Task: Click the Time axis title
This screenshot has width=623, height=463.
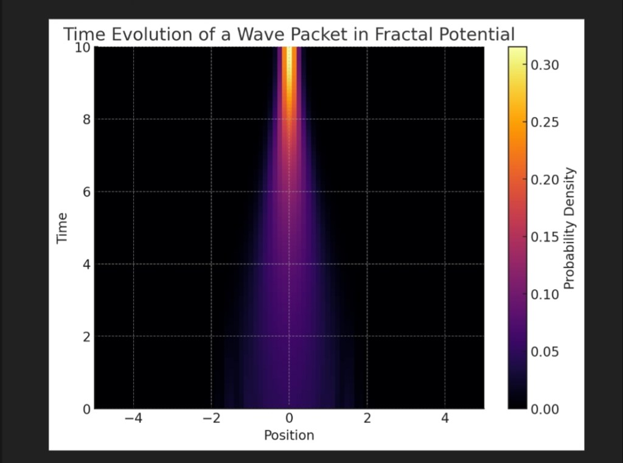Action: [x=61, y=228]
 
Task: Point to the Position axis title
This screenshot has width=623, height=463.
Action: [x=289, y=435]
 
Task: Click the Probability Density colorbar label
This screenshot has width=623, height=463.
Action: [x=569, y=229]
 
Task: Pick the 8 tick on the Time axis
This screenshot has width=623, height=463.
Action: [x=86, y=119]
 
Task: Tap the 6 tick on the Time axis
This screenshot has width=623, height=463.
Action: [x=86, y=192]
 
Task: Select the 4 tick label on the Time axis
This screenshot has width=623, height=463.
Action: [x=86, y=264]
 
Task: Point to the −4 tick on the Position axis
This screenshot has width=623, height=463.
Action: [x=133, y=418]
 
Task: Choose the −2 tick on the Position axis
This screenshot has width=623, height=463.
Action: [x=211, y=418]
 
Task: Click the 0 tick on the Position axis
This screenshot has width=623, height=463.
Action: [x=289, y=418]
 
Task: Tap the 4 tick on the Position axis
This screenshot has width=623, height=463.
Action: [x=445, y=418]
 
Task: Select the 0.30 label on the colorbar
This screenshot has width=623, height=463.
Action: [x=545, y=64]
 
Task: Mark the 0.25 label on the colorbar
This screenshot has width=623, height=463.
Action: [x=545, y=122]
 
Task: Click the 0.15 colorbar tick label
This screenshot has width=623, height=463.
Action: [x=545, y=237]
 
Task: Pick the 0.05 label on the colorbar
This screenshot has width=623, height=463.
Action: [x=545, y=352]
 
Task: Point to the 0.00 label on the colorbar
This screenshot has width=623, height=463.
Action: [x=545, y=409]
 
